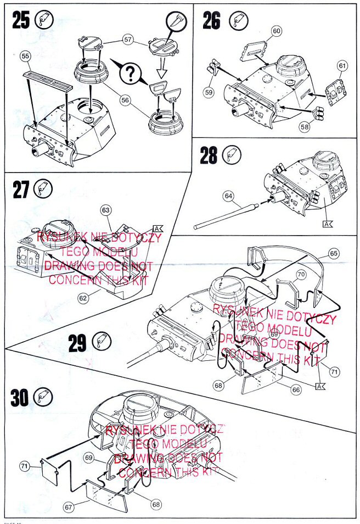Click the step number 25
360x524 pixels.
[x=21, y=21]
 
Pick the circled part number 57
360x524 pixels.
[x=128, y=40]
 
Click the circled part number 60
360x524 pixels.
[x=276, y=31]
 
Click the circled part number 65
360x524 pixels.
[x=334, y=254]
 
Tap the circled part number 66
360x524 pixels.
[x=296, y=389]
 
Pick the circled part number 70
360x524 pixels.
[x=301, y=274]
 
